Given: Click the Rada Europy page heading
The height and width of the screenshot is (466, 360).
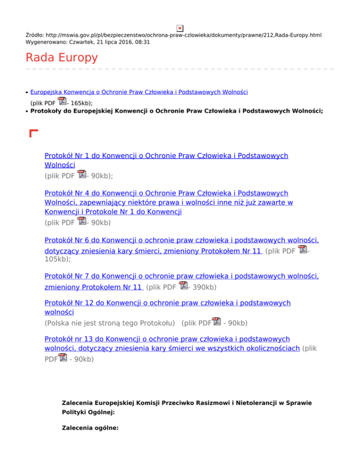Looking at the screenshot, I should [x=62, y=58].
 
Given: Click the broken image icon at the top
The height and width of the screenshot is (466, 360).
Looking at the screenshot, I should [x=180, y=28].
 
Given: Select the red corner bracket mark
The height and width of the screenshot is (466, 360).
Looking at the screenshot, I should [x=33, y=134].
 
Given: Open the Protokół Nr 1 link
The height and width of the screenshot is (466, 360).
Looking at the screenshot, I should [x=166, y=156].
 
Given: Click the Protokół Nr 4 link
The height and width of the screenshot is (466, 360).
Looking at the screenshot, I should [x=166, y=193].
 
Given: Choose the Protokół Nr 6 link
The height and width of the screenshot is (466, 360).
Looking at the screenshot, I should [x=181, y=241].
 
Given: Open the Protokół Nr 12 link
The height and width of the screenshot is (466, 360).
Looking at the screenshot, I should [x=167, y=302].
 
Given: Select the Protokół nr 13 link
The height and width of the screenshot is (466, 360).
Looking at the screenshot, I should [x=167, y=338].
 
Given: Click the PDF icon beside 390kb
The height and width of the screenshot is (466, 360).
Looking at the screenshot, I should [x=184, y=286].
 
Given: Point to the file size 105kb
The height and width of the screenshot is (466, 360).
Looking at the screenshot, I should [x=58, y=258].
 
